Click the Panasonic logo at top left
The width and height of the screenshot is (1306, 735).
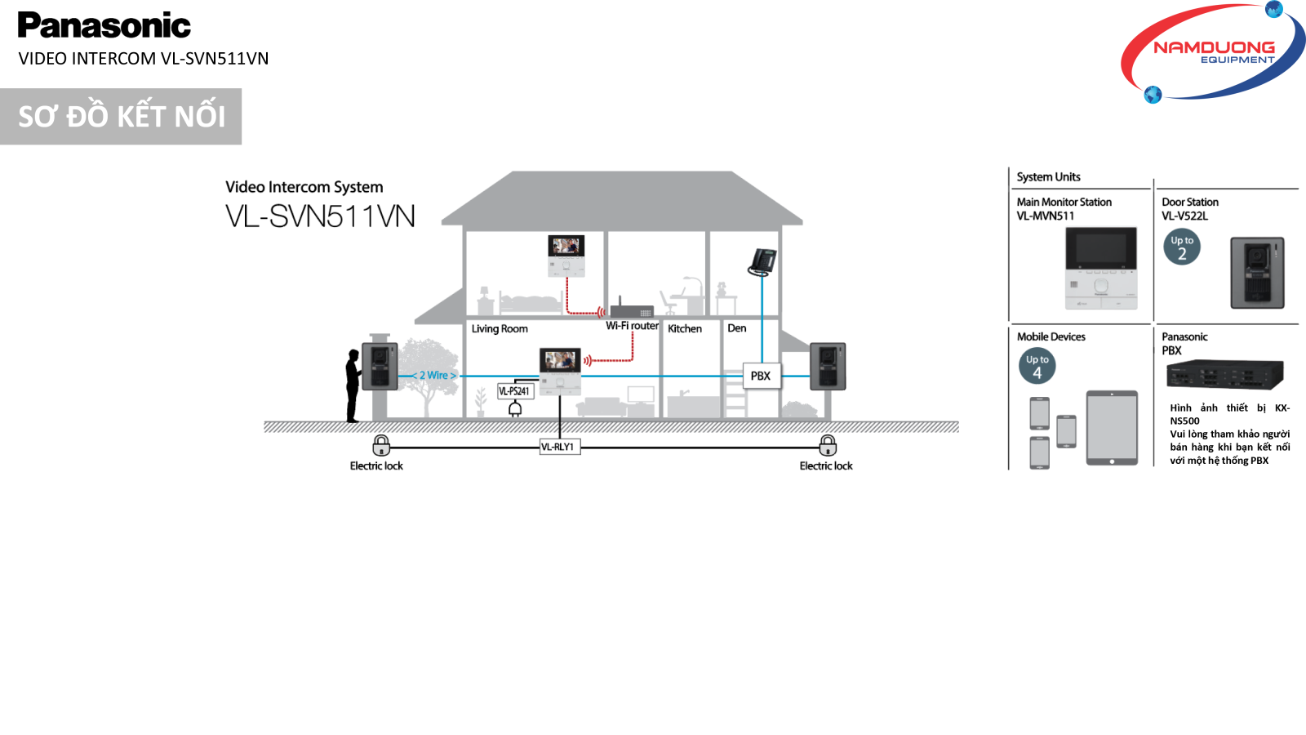coord(104,25)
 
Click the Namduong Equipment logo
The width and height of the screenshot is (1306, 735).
coord(1214,52)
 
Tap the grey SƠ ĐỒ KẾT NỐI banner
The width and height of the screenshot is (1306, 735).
coord(121,116)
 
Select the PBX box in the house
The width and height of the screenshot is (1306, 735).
coord(761,376)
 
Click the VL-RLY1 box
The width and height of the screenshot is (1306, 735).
coord(559,447)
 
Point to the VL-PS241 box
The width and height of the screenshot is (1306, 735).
coord(515,391)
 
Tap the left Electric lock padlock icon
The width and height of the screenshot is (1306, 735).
coord(381,445)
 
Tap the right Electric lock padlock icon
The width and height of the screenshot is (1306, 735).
coord(828,445)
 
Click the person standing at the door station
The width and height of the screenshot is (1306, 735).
coord(353,385)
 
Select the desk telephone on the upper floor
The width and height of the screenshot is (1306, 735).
coord(762,261)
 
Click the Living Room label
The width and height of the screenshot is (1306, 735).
coord(500,329)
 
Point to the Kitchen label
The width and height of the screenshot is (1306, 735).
coord(685,329)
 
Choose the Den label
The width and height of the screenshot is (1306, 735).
coord(737,328)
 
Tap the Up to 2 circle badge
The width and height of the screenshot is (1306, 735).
coord(1182,247)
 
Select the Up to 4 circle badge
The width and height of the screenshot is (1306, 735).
coord(1037,367)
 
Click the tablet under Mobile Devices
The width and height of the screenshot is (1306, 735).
coord(1112,428)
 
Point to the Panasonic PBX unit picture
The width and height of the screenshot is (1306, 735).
coord(1225,376)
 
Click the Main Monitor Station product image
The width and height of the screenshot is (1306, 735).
coord(1101,268)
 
